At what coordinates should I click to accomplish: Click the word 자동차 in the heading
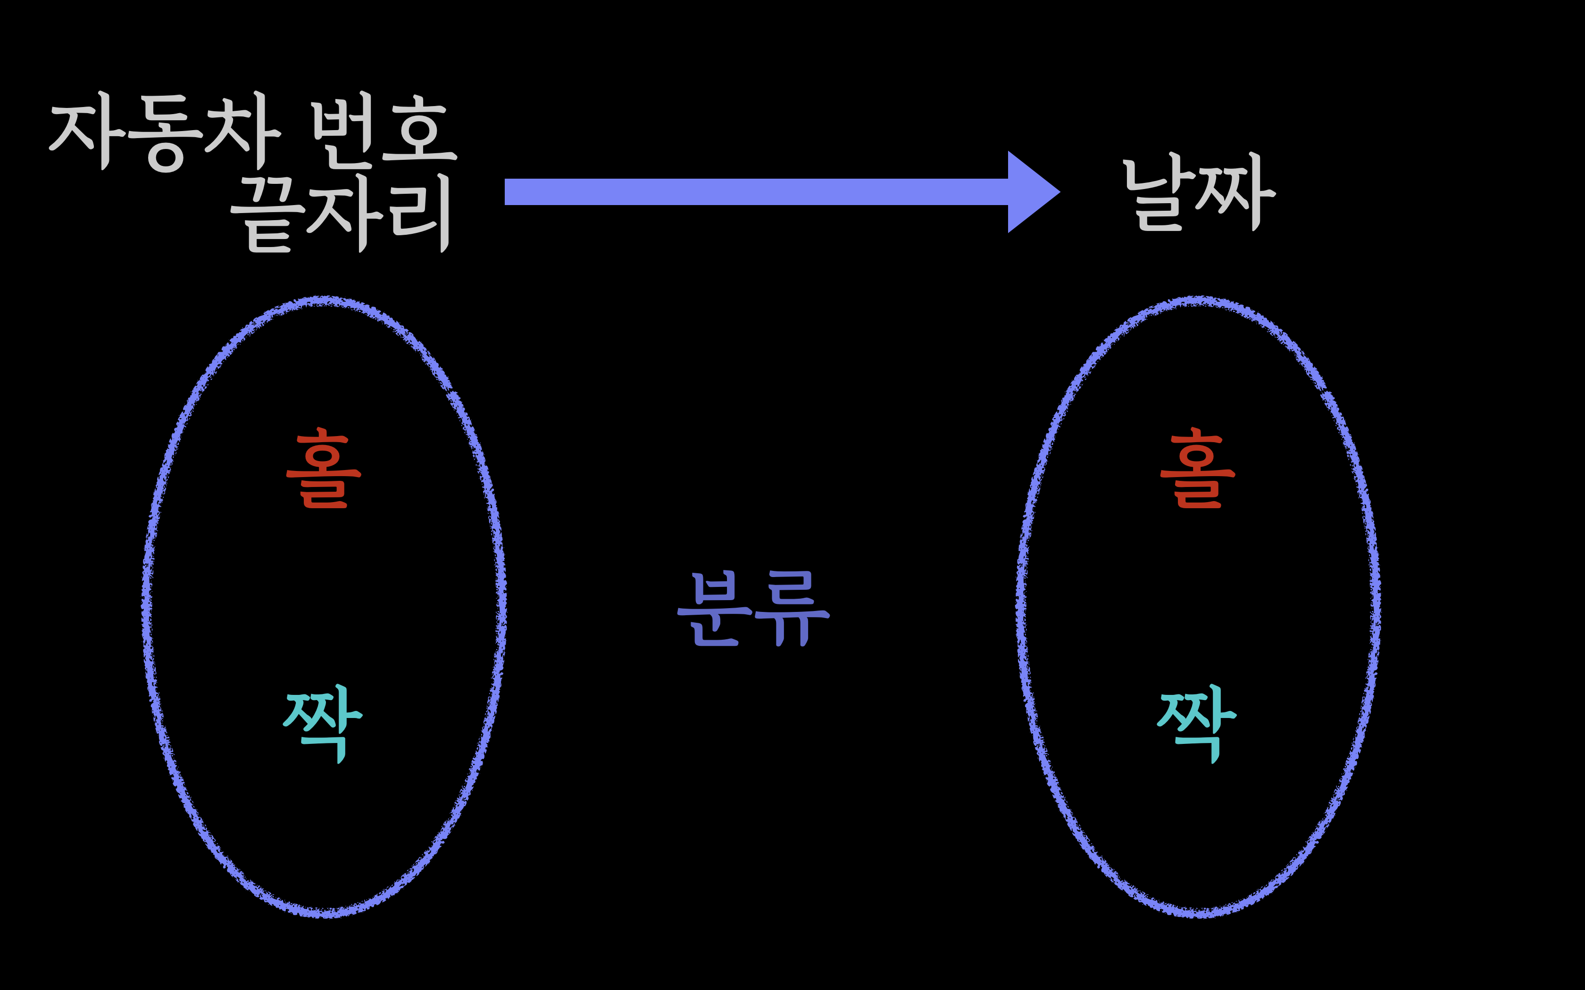165,131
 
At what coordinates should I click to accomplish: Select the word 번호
384,131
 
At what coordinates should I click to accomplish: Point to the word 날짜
1199,192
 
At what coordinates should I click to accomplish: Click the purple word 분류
753,609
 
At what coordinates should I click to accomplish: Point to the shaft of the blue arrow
753,192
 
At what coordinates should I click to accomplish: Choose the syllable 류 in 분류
792,609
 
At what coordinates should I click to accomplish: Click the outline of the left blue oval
147,606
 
